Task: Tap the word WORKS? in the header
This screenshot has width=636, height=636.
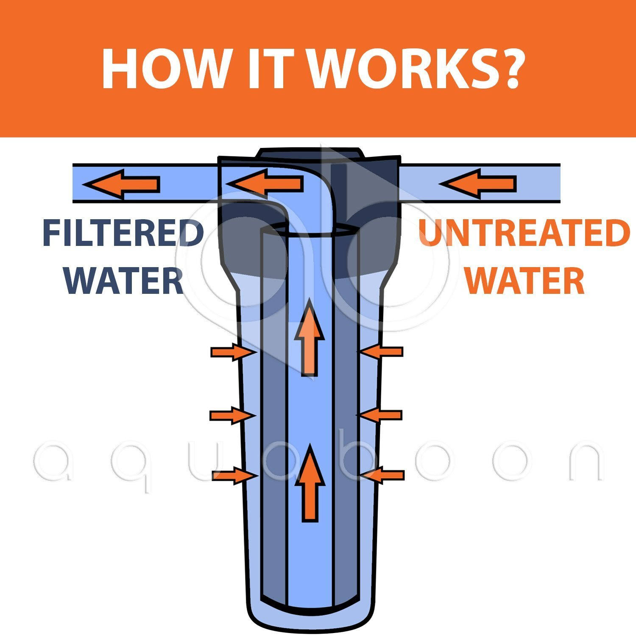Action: coord(418,69)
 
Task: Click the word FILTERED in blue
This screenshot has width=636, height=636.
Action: coord(123,233)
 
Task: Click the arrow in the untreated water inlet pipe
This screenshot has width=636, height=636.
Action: coord(478,184)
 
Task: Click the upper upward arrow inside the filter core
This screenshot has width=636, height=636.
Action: coord(310,337)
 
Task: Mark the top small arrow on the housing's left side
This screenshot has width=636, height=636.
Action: coord(234,352)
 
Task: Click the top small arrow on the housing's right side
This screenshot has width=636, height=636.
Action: coord(380,351)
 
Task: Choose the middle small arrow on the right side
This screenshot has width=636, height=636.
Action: coord(379,415)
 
